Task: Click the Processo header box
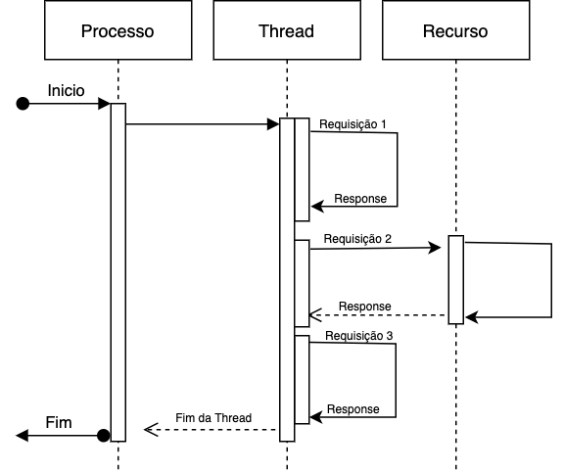[117, 30]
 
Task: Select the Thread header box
[287, 30]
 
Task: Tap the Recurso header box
[455, 30]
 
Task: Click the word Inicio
[67, 91]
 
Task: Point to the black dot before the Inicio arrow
[23, 104]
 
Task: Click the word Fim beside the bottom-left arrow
[59, 422]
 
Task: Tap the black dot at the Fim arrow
[103, 435]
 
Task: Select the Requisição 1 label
[352, 124]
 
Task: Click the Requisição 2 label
[357, 239]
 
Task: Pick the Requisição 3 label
[359, 336]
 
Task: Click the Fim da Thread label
[213, 418]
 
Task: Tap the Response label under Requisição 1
[360, 199]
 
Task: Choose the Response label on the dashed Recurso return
[364, 307]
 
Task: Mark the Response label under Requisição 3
[353, 409]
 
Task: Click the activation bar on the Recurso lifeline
[456, 280]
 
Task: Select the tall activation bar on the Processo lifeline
[118, 272]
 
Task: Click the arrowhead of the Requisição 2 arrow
[435, 248]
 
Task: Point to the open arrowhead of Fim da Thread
[151, 430]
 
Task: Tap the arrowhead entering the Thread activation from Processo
[273, 124]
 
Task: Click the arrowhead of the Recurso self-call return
[471, 317]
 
